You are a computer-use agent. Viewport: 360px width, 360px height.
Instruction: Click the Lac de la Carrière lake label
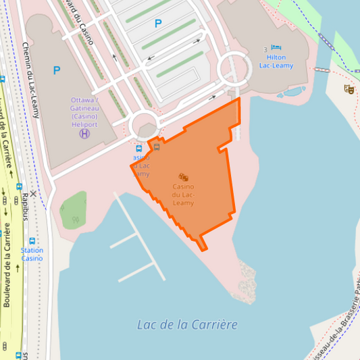pos(187,324)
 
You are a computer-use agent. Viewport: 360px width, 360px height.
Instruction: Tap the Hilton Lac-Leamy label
pos(276,61)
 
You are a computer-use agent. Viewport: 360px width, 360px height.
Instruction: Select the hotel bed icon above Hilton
pos(276,48)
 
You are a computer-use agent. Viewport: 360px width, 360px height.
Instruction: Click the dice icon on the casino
pos(183,177)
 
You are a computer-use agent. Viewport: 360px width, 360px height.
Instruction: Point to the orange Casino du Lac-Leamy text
pos(183,195)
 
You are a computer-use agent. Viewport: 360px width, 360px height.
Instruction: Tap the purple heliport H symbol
pos(84,134)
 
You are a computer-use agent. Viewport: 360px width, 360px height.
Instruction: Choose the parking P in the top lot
pos(158,24)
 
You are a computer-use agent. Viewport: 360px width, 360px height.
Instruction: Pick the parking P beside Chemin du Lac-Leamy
pos(57,70)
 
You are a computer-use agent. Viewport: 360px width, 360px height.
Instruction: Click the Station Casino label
pos(32,254)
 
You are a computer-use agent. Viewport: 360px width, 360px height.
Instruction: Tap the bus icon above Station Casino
pos(32,240)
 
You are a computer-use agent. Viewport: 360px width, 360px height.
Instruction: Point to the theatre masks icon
pos(349,88)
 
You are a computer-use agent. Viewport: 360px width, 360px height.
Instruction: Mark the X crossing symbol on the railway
pos(32,194)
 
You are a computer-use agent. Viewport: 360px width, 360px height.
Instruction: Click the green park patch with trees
pos(74,210)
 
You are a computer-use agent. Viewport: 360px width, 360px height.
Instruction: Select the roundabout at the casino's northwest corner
pos(144,126)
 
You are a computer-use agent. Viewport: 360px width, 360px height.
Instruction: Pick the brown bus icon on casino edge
pos(157,147)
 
